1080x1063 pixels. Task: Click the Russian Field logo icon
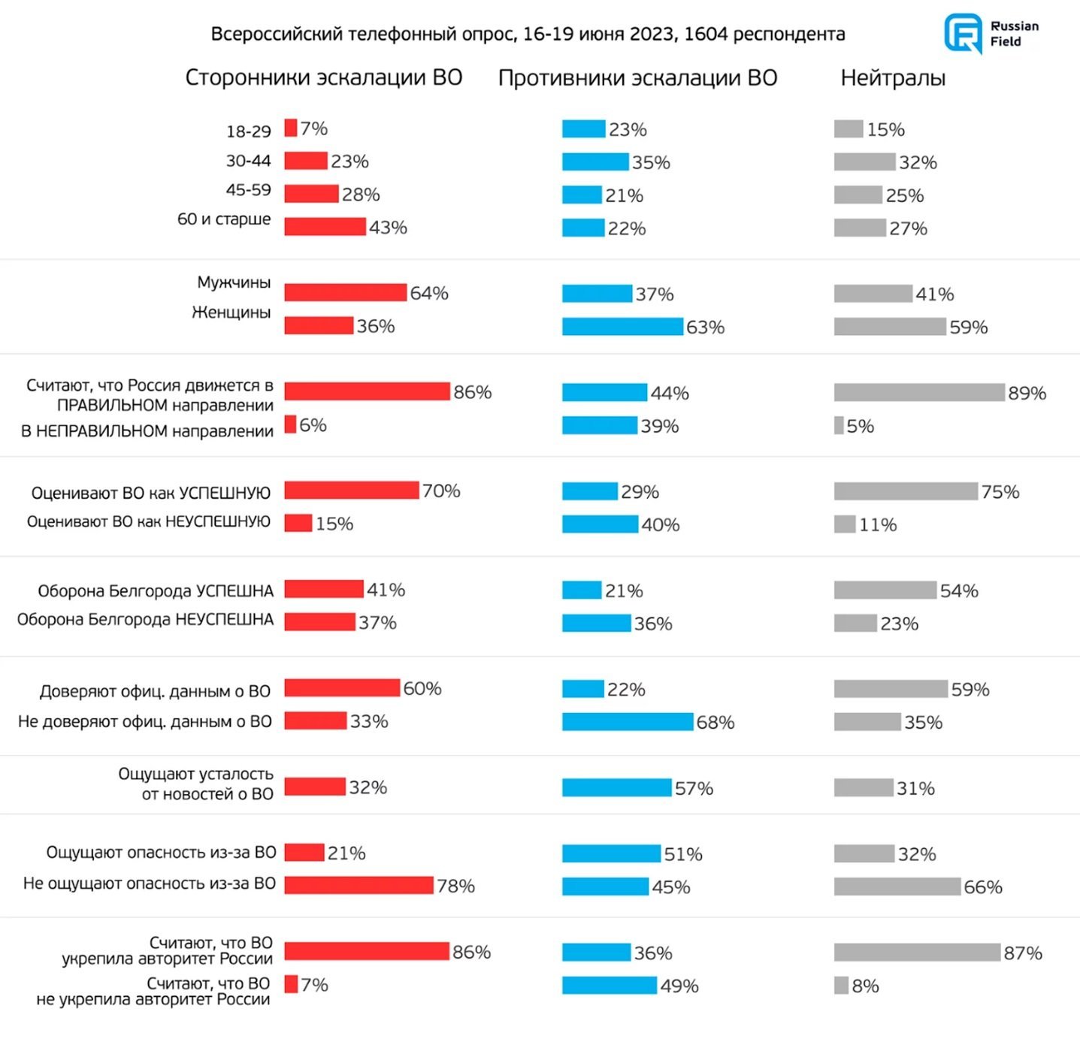[963, 33]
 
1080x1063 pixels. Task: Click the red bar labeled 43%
[325, 227]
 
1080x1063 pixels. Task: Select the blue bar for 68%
[628, 722]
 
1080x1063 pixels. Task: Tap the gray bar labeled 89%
[918, 392]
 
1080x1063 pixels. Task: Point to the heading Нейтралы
[893, 78]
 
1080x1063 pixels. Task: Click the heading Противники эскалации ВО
[637, 78]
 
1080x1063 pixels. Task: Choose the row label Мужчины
[234, 282]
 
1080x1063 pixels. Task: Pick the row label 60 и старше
[224, 219]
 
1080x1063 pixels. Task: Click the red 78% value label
[456, 886]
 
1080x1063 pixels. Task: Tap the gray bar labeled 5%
[839, 425]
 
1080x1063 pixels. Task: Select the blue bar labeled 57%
[616, 787]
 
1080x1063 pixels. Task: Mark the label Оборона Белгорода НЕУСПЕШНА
[145, 620]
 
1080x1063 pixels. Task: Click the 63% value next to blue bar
[705, 327]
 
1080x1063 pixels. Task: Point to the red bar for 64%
[346, 292]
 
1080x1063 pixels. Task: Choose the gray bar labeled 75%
[906, 491]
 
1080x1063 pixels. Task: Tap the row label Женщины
[231, 313]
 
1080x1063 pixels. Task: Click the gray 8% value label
[866, 986]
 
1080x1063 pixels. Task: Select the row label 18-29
[248, 131]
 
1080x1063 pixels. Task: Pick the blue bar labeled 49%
[610, 985]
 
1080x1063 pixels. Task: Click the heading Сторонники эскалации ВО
[323, 78]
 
